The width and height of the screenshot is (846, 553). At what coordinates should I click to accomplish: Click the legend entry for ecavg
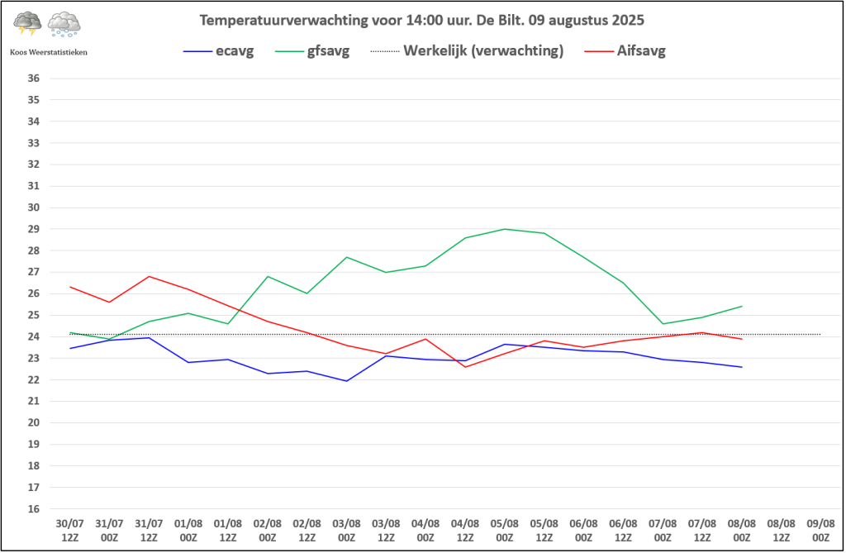pyautogui.click(x=218, y=51)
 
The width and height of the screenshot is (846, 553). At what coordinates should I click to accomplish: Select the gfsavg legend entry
pyautogui.click(x=312, y=51)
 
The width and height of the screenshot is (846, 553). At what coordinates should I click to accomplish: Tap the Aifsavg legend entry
pyautogui.click(x=625, y=51)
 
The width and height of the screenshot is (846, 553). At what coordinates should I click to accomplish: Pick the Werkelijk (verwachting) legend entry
pyautogui.click(x=468, y=51)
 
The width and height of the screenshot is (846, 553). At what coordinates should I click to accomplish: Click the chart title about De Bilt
pyautogui.click(x=422, y=21)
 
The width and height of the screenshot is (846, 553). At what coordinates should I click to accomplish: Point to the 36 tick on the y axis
pyautogui.click(x=33, y=79)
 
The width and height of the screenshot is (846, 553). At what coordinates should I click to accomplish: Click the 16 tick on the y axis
pyautogui.click(x=33, y=508)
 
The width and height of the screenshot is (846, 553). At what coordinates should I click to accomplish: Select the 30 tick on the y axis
pyautogui.click(x=33, y=207)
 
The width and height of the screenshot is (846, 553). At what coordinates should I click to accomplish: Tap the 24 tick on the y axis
pyautogui.click(x=33, y=336)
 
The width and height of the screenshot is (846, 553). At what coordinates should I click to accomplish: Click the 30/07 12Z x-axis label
pyautogui.click(x=70, y=531)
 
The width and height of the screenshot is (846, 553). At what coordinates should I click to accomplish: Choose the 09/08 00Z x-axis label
pyautogui.click(x=820, y=531)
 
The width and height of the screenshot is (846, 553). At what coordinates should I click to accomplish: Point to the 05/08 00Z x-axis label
pyautogui.click(x=505, y=531)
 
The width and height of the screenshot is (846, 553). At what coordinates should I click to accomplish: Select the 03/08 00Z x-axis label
pyautogui.click(x=346, y=531)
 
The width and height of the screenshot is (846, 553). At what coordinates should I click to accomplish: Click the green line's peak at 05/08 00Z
pyautogui.click(x=505, y=229)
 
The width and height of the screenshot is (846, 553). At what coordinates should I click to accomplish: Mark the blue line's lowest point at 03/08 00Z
pyautogui.click(x=346, y=381)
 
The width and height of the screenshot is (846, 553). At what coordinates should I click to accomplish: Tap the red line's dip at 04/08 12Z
pyautogui.click(x=465, y=367)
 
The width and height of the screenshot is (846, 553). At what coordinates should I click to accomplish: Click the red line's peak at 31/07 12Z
pyautogui.click(x=149, y=276)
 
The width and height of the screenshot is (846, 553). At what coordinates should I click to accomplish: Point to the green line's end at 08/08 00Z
pyautogui.click(x=742, y=306)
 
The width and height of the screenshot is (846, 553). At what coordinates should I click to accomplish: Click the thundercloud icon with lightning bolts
pyautogui.click(x=27, y=23)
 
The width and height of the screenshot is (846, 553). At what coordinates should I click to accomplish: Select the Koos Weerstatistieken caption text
pyautogui.click(x=49, y=52)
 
